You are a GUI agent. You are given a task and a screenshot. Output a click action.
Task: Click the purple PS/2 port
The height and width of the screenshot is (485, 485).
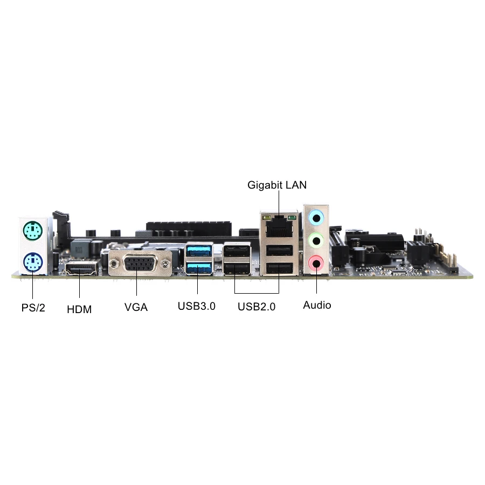click(33, 263)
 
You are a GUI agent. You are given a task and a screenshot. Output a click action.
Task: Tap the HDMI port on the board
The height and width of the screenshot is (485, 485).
click(81, 268)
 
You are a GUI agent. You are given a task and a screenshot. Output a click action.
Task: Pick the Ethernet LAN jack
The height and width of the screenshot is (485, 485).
click(278, 227)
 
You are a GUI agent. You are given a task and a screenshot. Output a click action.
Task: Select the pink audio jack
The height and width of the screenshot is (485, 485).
click(316, 263)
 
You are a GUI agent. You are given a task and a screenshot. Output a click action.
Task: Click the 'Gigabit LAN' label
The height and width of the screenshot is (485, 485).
click(277, 185)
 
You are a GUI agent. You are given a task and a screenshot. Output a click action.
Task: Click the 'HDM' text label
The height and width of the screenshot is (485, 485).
click(79, 309)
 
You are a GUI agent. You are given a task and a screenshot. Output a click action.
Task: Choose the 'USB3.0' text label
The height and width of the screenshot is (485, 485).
click(197, 307)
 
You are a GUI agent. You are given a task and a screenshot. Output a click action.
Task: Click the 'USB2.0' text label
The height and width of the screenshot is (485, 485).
click(257, 307)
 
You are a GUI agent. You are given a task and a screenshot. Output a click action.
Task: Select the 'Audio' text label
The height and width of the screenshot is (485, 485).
click(317, 305)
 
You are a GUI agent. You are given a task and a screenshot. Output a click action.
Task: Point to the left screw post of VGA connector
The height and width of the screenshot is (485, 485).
click(115, 265)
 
